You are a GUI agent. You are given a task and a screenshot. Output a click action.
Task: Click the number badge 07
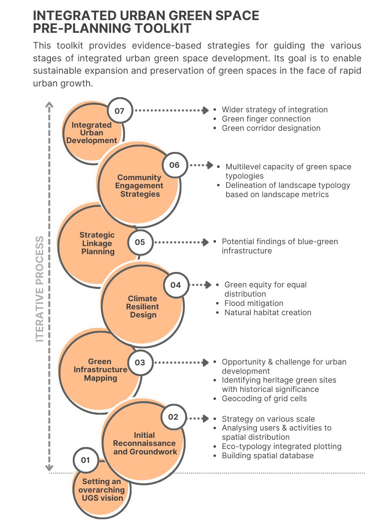[120, 111]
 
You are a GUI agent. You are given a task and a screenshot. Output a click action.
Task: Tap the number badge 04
[176, 285]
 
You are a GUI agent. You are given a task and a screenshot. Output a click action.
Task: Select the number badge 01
[85, 460]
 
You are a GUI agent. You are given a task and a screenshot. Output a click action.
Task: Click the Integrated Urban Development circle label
[91, 133]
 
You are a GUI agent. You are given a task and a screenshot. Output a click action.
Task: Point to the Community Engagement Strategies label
[139, 186]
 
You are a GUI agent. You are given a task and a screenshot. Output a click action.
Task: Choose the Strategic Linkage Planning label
[97, 243]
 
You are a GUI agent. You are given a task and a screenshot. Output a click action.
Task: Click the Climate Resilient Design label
[143, 307]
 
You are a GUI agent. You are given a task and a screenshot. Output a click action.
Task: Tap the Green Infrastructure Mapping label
[100, 370]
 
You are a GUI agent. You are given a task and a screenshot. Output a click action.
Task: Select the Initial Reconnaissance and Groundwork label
[145, 443]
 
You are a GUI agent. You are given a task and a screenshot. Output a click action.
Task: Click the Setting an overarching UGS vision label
[101, 490]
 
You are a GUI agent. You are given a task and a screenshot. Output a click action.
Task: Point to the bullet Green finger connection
[266, 119]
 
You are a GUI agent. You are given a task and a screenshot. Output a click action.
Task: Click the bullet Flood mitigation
[253, 303]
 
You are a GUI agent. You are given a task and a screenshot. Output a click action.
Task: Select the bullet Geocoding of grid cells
[264, 398]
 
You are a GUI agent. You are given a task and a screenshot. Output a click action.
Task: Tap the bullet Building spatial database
[267, 456]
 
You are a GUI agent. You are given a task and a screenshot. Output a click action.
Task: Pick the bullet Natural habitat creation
[267, 312]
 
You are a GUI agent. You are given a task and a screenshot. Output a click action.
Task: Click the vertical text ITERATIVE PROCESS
[40, 289]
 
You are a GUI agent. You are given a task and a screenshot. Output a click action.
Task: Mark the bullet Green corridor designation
[271, 128]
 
